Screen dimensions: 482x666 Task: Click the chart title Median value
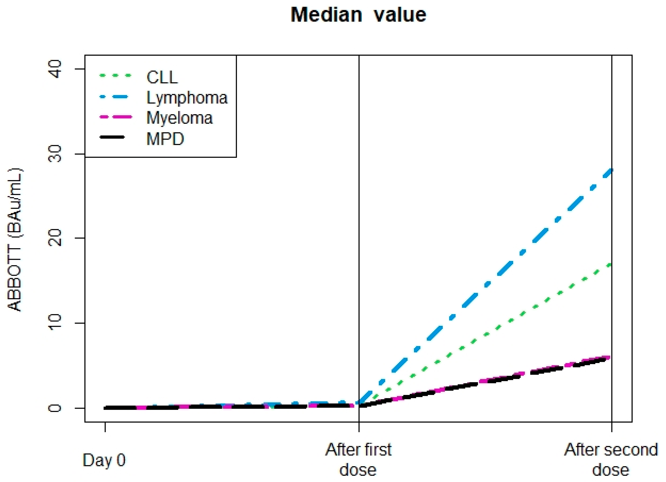(x=358, y=15)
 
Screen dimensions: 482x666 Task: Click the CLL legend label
(x=162, y=77)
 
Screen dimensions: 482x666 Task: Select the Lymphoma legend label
(x=187, y=98)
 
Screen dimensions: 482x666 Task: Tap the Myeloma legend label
(x=179, y=118)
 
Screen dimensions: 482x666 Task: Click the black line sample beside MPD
(x=113, y=137)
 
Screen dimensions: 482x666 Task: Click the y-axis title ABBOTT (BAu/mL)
(x=15, y=240)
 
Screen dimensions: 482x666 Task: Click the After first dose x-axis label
(x=358, y=459)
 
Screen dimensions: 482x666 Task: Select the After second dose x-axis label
(x=611, y=459)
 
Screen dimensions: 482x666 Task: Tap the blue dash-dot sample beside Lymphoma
(x=115, y=96)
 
